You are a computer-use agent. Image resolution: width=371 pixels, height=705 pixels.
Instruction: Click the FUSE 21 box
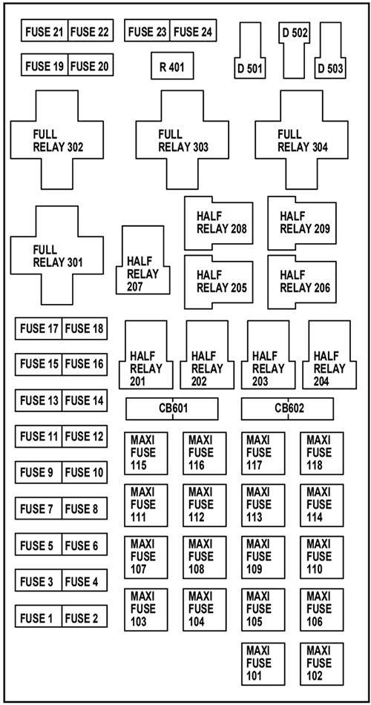(x=45, y=32)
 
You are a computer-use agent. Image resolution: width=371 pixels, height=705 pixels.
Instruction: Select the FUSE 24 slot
(x=194, y=32)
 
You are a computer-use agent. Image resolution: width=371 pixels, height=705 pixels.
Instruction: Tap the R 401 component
(x=172, y=66)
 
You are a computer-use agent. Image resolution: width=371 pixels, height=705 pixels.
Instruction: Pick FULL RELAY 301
(x=56, y=256)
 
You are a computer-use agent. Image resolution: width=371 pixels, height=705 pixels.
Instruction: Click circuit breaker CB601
(x=172, y=408)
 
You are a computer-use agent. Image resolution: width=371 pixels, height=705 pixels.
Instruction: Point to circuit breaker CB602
(x=288, y=408)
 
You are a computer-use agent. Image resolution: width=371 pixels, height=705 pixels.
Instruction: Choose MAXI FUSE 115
(x=145, y=453)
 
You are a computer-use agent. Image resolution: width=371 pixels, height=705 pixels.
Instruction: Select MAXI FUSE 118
(x=321, y=453)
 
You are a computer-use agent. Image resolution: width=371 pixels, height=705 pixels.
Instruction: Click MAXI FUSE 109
(x=263, y=557)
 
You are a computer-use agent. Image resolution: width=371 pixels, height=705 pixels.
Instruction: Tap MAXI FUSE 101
(x=263, y=663)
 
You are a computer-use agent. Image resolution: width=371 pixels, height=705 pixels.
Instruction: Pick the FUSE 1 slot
(x=38, y=618)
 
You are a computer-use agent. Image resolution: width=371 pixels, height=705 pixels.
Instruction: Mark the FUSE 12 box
(x=85, y=437)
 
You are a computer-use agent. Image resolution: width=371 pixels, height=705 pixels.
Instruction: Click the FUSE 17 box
(x=38, y=328)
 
